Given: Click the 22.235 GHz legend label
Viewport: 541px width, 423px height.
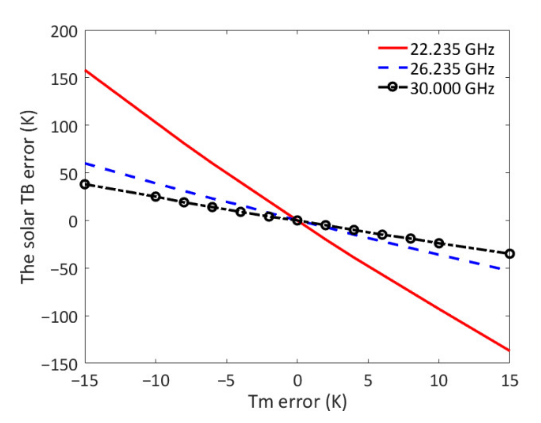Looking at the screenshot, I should click(x=452, y=49).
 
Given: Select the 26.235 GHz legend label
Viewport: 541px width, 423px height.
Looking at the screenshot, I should click(x=452, y=69).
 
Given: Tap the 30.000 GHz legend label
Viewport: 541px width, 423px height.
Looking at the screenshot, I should click(x=452, y=88).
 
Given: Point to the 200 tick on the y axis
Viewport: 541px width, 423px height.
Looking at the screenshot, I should click(x=64, y=32).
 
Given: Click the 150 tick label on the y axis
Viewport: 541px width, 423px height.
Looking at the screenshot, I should click(x=64, y=79).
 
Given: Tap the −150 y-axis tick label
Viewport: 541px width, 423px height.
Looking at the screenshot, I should click(x=60, y=364).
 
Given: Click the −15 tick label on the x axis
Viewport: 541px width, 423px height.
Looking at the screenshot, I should click(x=85, y=381).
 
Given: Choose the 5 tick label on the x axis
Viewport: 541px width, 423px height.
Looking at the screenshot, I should click(x=368, y=381).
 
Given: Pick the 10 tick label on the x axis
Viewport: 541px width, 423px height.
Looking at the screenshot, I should click(x=439, y=381).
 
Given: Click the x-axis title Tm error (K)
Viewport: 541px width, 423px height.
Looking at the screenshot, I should click(x=297, y=402).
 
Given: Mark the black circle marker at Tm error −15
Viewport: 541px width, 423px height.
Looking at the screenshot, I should click(x=85, y=184).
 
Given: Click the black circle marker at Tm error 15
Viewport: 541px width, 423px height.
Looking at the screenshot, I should click(x=510, y=254).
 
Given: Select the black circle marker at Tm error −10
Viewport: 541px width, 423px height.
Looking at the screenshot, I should click(x=156, y=197).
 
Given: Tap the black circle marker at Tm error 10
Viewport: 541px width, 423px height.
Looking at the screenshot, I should click(x=439, y=243).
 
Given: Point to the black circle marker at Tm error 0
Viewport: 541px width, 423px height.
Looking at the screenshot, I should click(x=297, y=221).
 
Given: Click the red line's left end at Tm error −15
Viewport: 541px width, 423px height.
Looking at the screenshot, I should click(x=86, y=70).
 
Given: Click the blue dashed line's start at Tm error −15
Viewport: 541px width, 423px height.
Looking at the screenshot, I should click(x=86, y=164).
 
